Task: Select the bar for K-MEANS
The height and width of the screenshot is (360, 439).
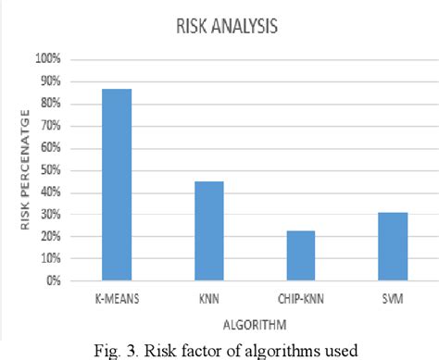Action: tap(117, 184)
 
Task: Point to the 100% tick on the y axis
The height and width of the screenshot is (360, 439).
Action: tap(49, 58)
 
